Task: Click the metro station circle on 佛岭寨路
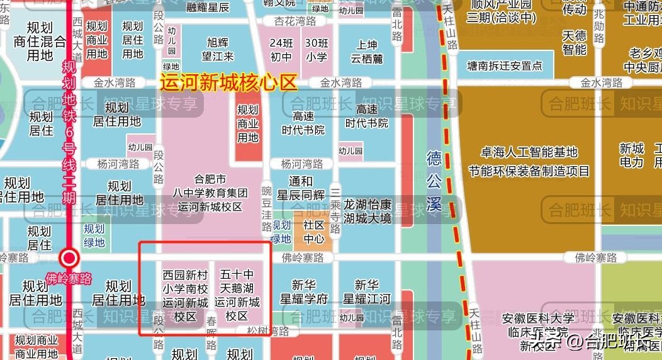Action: [x=69, y=257]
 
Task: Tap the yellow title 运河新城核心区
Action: [x=228, y=82]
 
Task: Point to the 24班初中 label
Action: [x=281, y=50]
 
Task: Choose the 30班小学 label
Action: [x=317, y=50]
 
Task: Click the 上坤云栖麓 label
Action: [x=367, y=52]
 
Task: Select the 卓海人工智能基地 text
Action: [x=529, y=152]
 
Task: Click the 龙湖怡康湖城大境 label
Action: [x=367, y=211]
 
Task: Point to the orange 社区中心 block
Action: [x=313, y=232]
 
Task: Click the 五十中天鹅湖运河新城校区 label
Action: [x=237, y=295]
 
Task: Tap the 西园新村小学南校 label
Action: [x=185, y=295]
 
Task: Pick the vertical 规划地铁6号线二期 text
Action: [x=69, y=132]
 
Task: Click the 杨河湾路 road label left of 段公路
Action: [x=118, y=164]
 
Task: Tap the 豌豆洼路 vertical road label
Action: [x=267, y=208]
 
